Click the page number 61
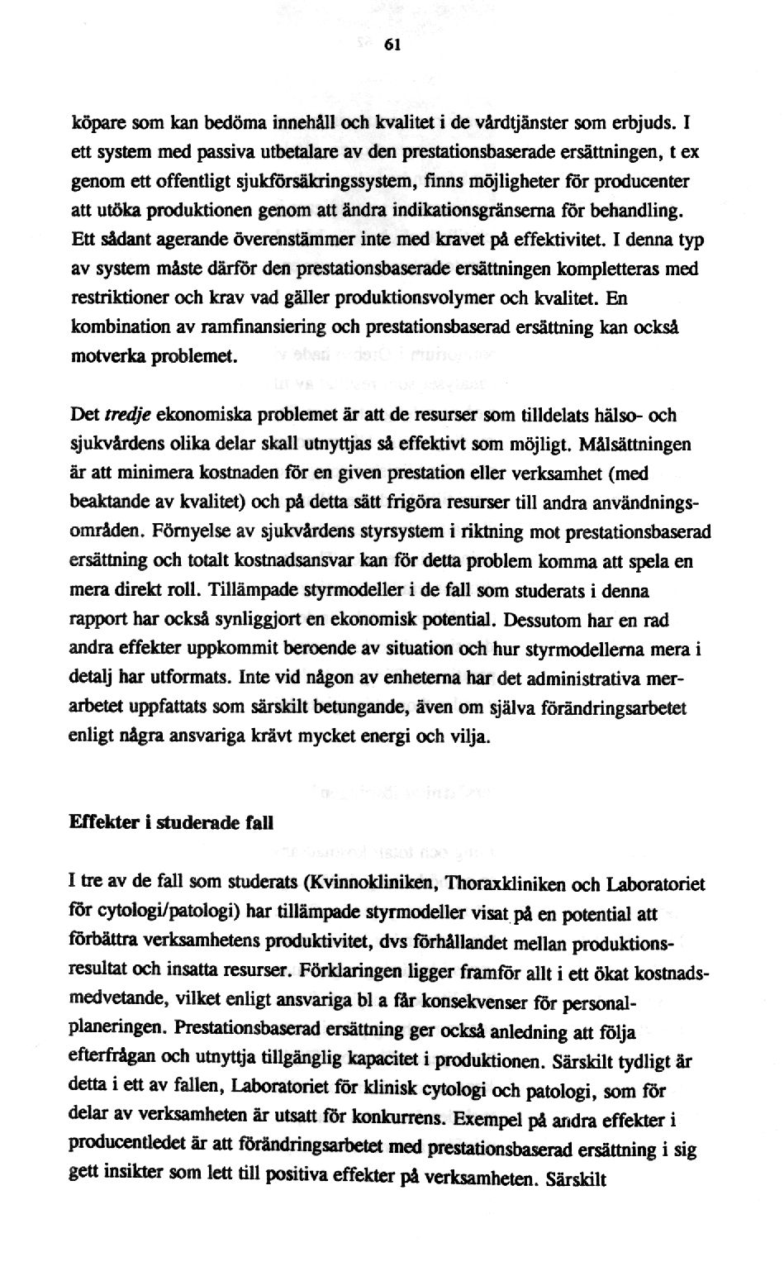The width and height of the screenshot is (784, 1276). point(392,47)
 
